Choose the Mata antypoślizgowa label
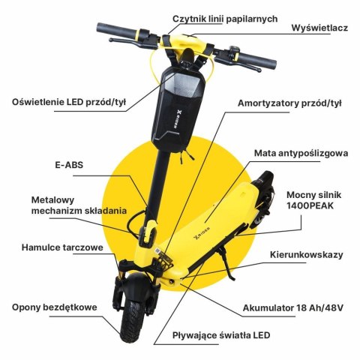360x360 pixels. tap(300, 153)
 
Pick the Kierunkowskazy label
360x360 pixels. tap(306, 254)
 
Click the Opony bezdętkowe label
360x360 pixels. tap(54, 307)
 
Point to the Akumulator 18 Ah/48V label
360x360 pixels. tap(298, 307)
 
